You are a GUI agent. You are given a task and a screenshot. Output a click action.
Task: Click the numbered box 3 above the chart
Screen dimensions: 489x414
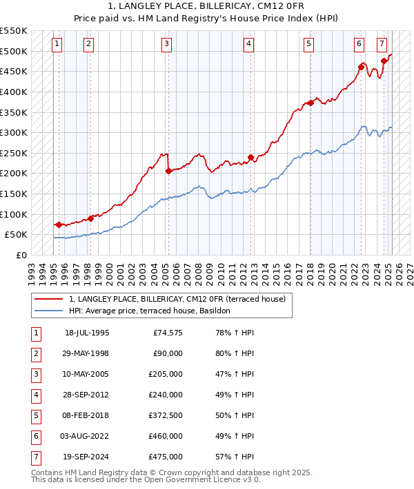167,44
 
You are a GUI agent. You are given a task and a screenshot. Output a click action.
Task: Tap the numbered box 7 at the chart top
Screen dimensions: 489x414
382,44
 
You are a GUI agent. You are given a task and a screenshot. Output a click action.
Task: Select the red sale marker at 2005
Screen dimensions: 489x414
168,171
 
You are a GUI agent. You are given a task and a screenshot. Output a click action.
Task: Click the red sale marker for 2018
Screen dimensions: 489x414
310,103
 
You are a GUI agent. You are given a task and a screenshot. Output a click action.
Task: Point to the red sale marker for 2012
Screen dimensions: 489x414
250,157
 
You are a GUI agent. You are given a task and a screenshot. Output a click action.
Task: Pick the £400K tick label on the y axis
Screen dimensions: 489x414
14,92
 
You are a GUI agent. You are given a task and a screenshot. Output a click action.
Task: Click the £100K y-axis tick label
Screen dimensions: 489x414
14,214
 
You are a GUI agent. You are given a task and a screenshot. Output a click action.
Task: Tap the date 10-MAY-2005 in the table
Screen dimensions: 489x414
86,374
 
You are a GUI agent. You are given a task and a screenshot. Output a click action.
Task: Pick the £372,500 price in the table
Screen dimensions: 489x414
164,415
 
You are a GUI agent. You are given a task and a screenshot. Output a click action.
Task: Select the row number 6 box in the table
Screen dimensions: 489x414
34,436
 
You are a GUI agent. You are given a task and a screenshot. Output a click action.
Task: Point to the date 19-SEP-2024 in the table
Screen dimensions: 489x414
86,457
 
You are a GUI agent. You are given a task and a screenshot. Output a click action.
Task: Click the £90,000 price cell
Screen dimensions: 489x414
167,353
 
